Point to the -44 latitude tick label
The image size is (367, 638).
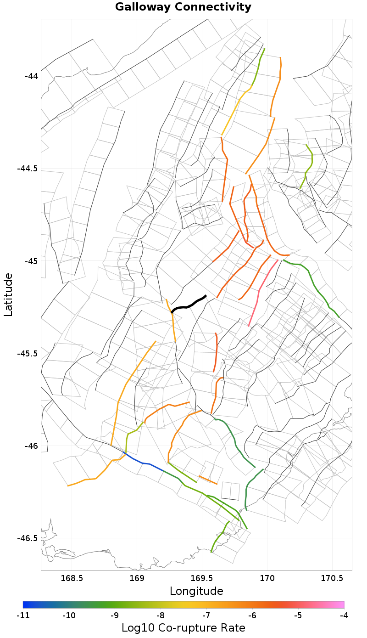(32, 76)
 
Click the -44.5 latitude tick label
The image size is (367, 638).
(28, 169)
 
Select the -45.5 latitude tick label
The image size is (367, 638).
(28, 354)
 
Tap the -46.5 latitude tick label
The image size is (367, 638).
(28, 538)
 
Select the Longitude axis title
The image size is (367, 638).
(196, 591)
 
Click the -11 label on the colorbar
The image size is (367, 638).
(23, 615)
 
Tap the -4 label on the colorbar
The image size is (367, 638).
(344, 615)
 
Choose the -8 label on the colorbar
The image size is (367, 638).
(161, 615)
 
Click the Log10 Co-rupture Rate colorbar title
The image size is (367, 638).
(183, 628)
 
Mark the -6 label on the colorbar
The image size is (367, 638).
(252, 615)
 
